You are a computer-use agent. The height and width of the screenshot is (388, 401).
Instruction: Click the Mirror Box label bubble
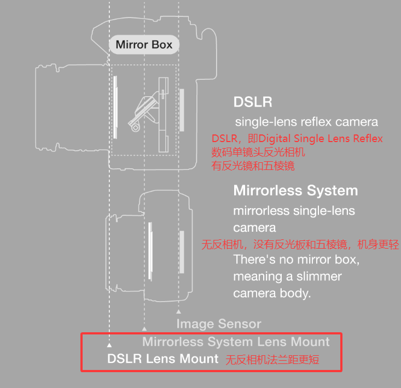pyautogui.click(x=144, y=45)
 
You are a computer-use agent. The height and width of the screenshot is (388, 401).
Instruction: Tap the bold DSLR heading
pyautogui.click(x=252, y=102)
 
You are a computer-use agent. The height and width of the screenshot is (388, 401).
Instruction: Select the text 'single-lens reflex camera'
pyautogui.click(x=306, y=121)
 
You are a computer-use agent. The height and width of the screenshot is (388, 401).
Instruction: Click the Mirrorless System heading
pyautogui.click(x=295, y=191)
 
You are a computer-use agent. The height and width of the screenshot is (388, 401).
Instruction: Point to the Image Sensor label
pyautogui.click(x=219, y=324)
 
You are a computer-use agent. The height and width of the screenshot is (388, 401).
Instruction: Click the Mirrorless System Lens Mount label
pyautogui.click(x=236, y=342)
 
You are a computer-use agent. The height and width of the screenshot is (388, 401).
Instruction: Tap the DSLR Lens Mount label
pyautogui.click(x=163, y=359)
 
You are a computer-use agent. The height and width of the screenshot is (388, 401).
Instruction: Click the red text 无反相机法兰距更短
pyautogui.click(x=272, y=360)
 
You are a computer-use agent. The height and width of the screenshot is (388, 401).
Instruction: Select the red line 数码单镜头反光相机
pyautogui.click(x=258, y=152)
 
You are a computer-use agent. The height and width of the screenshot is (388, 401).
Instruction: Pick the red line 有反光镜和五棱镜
pyautogui.click(x=253, y=166)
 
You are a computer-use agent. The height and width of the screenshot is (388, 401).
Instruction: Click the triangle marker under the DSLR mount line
pyautogui.click(x=109, y=345)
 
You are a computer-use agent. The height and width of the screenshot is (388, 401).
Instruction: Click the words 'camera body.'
pyautogui.click(x=272, y=293)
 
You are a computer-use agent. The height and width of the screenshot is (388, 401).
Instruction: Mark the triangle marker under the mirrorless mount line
pyautogui.click(x=144, y=329)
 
